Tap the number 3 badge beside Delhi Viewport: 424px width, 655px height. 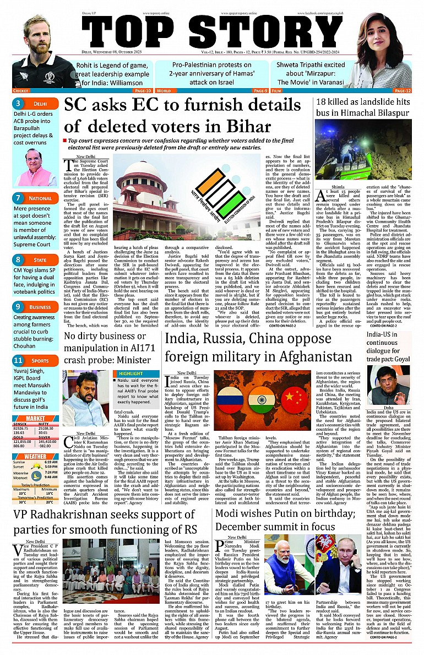(x=18, y=103)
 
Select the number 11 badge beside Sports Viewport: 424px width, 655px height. (x=18, y=361)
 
